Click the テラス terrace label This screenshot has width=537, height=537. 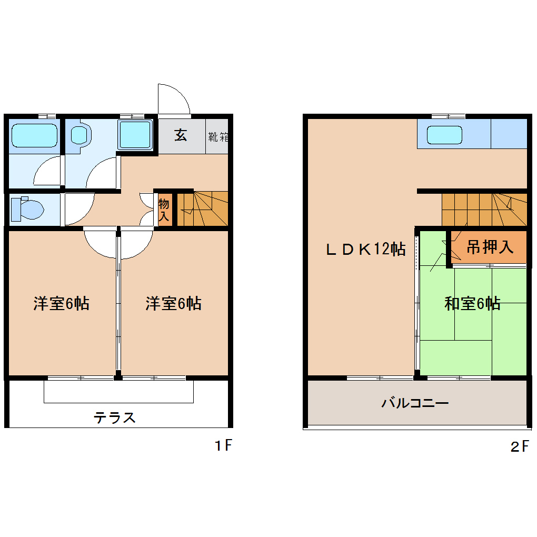tap(115, 417)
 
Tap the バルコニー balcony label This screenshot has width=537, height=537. tap(415, 404)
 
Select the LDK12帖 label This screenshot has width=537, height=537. tap(365, 249)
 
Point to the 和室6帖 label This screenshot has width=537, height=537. tap(472, 303)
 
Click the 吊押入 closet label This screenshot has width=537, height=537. tap(490, 247)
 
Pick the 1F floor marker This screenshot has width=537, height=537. tap(223, 446)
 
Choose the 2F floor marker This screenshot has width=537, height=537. tap(520, 447)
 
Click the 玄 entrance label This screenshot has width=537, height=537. tap(181, 135)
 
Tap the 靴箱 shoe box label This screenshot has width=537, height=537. tap(218, 137)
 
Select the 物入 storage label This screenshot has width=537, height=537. tap(164, 210)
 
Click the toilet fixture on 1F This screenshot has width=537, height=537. tap(26, 209)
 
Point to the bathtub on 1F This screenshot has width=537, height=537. tap(34, 135)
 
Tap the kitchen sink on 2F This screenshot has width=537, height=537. tap(444, 135)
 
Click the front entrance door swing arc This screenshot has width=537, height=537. tap(174, 99)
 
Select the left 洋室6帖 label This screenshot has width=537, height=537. tap(61, 304)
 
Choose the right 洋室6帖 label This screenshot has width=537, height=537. tap(173, 304)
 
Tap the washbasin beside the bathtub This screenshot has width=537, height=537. tap(81, 134)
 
